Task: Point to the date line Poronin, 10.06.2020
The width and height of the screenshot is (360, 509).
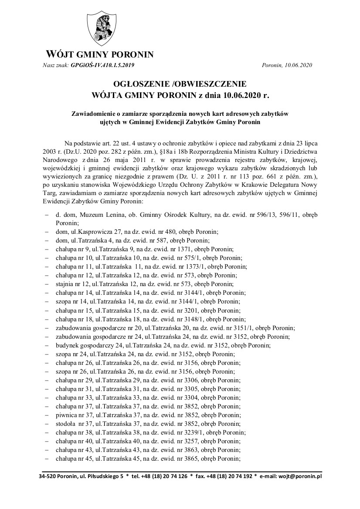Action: (x=288, y=65)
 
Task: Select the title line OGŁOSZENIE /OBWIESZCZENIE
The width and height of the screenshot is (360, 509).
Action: (x=180, y=84)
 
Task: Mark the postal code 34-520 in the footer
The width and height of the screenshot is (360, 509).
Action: (x=47, y=476)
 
